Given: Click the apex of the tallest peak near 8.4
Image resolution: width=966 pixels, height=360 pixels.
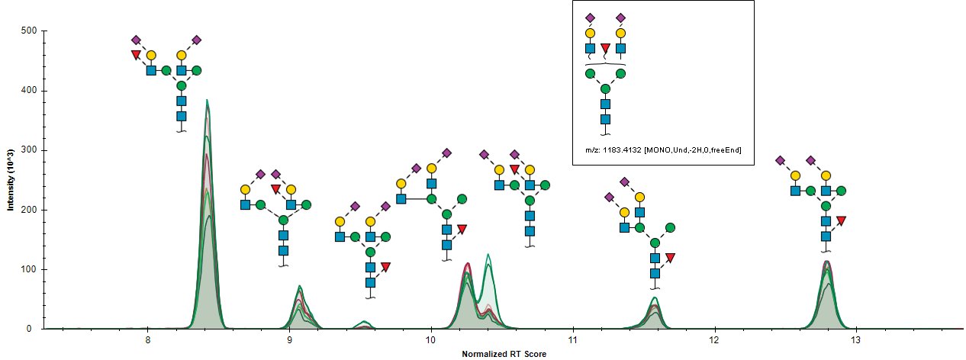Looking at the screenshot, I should point(207,100).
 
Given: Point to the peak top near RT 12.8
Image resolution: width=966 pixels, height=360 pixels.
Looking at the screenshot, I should point(827,262).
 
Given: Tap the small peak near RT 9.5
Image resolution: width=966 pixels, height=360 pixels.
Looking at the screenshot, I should point(365,321).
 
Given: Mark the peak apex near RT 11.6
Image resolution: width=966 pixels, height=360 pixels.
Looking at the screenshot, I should point(655,297).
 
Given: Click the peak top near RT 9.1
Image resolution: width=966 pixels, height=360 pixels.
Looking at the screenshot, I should point(300,286).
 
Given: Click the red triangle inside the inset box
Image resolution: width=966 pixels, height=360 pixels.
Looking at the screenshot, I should point(605,49).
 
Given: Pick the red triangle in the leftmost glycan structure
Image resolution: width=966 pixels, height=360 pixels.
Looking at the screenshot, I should point(136,55).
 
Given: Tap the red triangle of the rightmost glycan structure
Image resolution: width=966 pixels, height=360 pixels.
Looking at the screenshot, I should point(841,220).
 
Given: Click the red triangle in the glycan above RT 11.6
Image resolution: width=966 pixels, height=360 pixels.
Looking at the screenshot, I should point(670,258).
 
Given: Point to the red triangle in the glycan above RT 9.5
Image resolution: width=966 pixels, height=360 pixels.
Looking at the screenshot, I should point(385,267).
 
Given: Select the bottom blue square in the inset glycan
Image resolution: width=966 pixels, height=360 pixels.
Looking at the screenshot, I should point(605,119).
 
